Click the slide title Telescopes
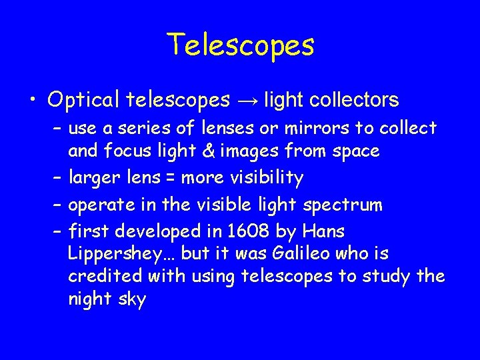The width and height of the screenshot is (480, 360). (x=240, y=45)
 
